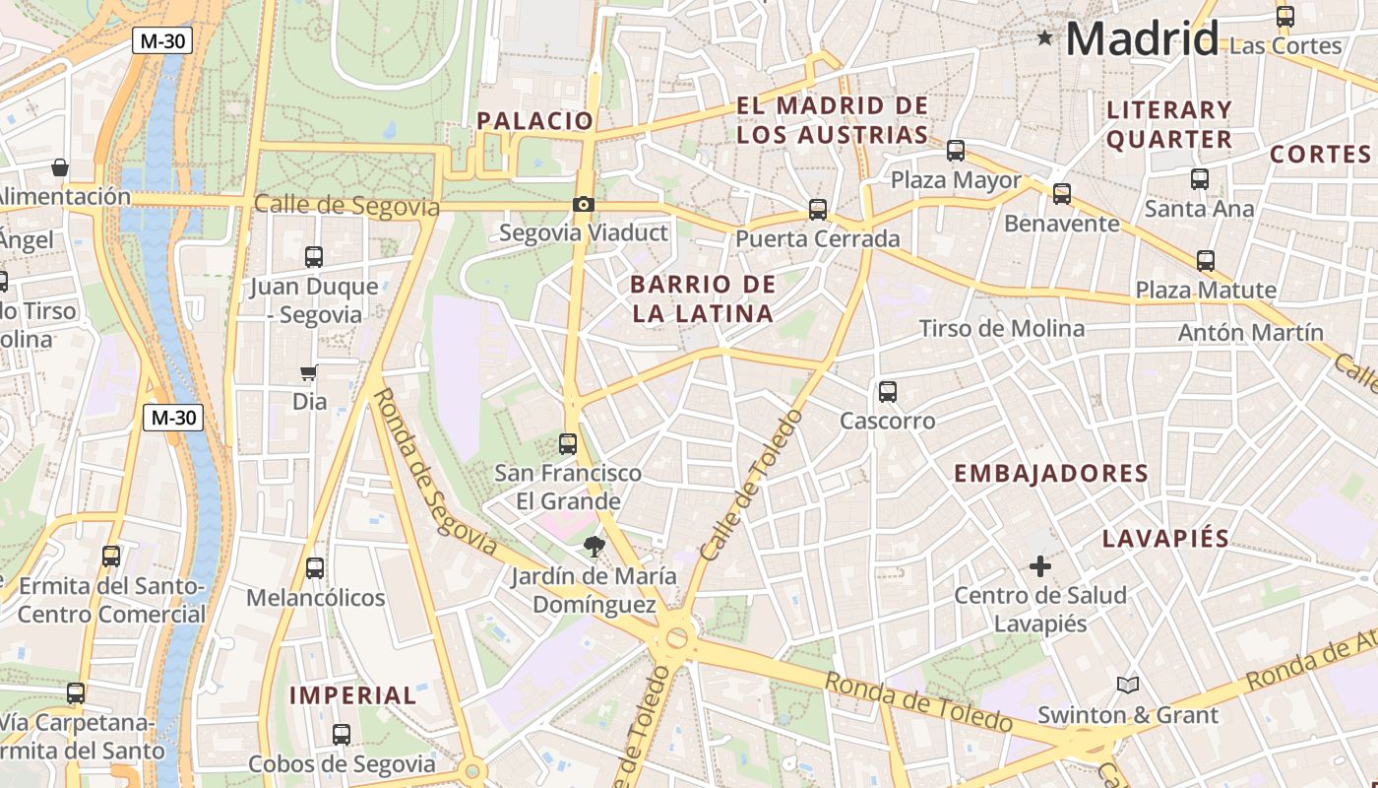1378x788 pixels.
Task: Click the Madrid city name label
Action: (x=1142, y=39)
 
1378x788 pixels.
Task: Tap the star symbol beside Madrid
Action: (x=1044, y=38)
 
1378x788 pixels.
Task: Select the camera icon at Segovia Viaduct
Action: (x=584, y=205)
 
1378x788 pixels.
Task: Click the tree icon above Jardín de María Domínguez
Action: (x=593, y=547)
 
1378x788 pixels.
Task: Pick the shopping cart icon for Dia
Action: (x=309, y=373)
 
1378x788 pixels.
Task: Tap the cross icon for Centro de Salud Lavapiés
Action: (x=1040, y=566)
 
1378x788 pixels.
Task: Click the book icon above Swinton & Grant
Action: (x=1128, y=685)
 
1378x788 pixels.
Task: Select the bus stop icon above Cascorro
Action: (x=888, y=392)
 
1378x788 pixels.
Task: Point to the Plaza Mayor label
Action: (x=956, y=180)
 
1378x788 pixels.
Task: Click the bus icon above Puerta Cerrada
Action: (x=818, y=210)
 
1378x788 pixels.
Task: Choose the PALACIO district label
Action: (x=535, y=121)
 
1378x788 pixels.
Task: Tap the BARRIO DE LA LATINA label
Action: (x=702, y=299)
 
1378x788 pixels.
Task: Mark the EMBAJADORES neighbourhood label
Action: (x=1051, y=473)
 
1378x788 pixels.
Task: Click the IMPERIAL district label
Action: (x=352, y=695)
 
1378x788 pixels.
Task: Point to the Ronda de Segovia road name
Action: (x=434, y=469)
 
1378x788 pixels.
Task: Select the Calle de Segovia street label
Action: (x=346, y=205)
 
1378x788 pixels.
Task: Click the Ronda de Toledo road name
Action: (x=917, y=701)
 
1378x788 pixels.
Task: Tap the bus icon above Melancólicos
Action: (x=315, y=568)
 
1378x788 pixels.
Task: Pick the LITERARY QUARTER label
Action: (x=1168, y=124)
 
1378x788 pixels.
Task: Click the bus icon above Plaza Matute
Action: (x=1206, y=261)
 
